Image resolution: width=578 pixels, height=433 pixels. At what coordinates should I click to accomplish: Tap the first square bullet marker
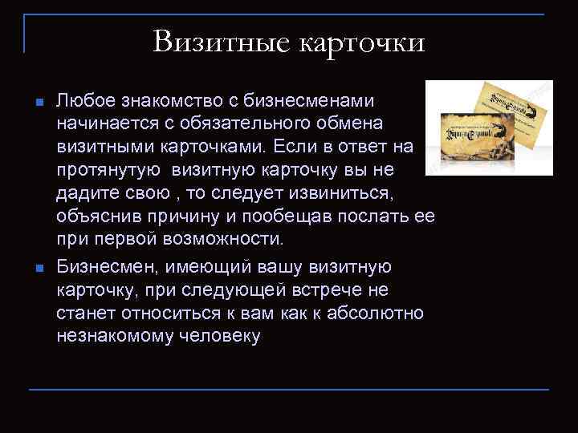tap(39, 103)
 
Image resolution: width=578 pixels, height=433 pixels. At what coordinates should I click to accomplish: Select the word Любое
tap(86, 102)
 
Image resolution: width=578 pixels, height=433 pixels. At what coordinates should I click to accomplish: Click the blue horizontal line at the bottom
tap(289, 390)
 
